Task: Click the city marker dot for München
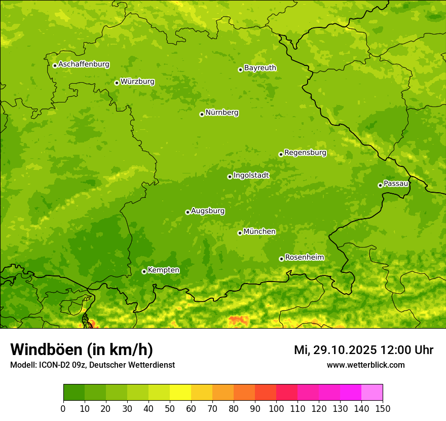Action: click(240, 233)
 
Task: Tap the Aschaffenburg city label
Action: click(84, 64)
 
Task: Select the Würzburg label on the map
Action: click(137, 82)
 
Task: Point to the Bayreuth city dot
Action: click(240, 69)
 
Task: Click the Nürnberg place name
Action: click(221, 113)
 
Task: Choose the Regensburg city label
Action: click(305, 153)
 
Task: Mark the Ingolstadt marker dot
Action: click(230, 177)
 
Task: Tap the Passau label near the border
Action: click(396, 184)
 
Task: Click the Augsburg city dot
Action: click(188, 212)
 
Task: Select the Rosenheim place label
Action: click(304, 258)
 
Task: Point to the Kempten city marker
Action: click(144, 271)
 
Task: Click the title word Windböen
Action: click(46, 350)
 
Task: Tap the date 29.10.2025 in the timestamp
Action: click(344, 350)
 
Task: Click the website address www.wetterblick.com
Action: click(365, 365)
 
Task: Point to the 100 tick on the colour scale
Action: click(276, 408)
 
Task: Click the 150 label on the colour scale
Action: click(383, 408)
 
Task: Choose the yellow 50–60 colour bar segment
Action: click(180, 393)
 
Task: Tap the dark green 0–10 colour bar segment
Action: click(74, 393)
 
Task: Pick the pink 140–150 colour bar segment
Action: click(372, 393)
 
